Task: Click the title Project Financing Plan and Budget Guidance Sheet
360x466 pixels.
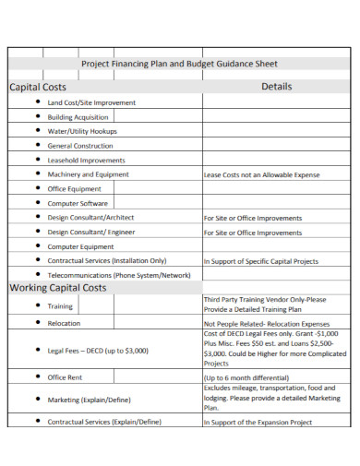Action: coord(179,65)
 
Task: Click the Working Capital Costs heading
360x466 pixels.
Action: coord(58,288)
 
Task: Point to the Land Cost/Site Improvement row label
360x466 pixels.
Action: coord(91,102)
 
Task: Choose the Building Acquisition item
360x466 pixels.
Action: coord(78,117)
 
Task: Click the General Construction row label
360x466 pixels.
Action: coord(80,146)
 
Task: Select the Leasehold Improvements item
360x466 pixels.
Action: coord(86,160)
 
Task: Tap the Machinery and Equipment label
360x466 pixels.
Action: coord(88,173)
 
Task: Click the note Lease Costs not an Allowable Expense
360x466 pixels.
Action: coord(262,174)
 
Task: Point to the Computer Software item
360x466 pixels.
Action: coord(78,203)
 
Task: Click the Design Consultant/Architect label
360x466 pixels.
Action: coord(96,218)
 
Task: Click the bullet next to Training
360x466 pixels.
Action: coord(38,305)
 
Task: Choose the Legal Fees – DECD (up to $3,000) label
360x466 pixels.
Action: coord(102,351)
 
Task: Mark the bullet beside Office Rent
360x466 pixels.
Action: coord(38,377)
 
